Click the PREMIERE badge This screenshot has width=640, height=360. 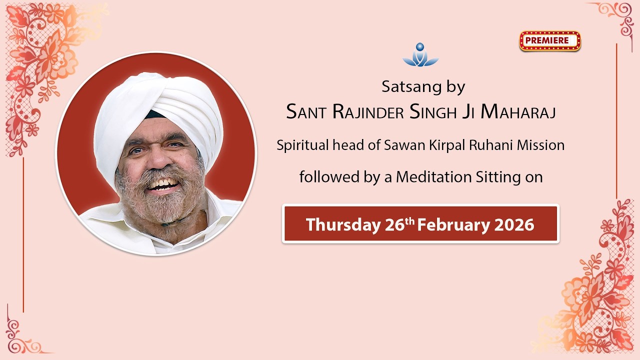(550, 41)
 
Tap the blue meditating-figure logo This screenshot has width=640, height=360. (420, 55)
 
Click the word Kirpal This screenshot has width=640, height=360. (441, 145)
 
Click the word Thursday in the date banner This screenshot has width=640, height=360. (342, 225)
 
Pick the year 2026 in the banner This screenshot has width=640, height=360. (514, 225)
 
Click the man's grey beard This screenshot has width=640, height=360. (160, 210)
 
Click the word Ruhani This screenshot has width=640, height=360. (489, 145)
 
